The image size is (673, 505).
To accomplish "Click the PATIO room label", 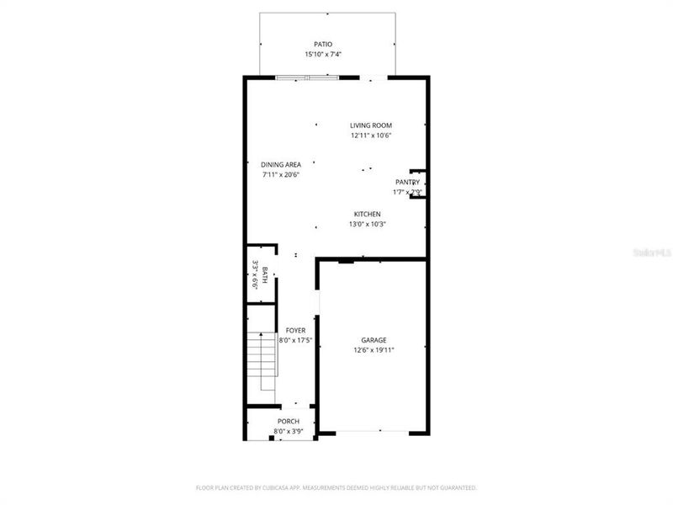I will (323, 44).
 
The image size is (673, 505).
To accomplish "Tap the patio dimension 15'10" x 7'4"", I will (323, 55).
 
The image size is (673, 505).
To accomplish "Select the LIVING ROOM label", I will (371, 125).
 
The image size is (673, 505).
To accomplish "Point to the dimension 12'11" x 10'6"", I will (371, 136).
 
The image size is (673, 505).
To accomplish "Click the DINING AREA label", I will (281, 165).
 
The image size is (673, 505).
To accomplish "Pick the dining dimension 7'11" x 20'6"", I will (281, 175).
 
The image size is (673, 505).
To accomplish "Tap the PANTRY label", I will (407, 182).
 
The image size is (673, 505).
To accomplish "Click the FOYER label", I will (295, 331).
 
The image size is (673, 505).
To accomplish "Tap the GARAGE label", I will (374, 340).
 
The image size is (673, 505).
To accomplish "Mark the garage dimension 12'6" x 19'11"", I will (374, 350).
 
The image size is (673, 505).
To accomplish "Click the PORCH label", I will (289, 421).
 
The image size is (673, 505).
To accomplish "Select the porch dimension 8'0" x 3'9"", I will (289, 431).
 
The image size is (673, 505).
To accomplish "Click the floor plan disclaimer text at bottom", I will (336, 487).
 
